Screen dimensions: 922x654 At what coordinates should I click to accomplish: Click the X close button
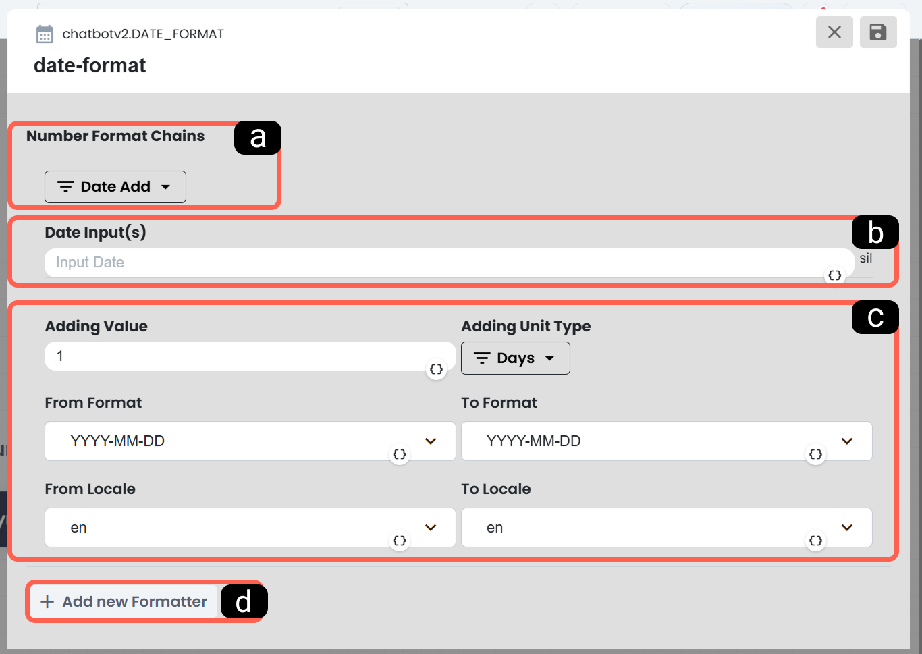point(834,32)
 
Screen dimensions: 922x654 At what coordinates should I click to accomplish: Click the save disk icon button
point(878,32)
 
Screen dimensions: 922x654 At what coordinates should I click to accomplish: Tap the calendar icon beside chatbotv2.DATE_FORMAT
point(45,34)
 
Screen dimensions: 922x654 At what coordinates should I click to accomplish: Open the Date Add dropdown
point(115,187)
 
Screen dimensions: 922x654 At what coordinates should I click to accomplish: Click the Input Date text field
point(449,263)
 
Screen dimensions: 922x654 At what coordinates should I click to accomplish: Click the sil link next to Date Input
point(865,258)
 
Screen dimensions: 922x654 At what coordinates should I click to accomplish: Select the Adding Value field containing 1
point(250,356)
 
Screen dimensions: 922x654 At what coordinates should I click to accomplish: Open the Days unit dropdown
point(515,358)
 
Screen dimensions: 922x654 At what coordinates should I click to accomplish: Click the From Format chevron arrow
point(431,441)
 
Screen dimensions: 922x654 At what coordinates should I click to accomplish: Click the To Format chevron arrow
point(846,441)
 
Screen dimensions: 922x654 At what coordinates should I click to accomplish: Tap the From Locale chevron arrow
point(431,528)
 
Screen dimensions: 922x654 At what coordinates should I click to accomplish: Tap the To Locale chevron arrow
point(846,528)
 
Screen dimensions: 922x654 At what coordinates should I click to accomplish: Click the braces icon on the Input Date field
point(835,275)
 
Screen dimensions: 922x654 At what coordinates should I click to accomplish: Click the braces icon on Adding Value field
point(436,369)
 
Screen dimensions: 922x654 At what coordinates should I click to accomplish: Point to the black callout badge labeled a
point(258,138)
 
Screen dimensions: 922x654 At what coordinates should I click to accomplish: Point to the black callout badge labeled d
point(244,602)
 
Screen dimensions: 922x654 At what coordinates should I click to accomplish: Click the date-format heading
point(90,65)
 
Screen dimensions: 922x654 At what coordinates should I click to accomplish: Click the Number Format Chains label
point(115,136)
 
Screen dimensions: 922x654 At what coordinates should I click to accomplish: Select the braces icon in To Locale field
point(815,541)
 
